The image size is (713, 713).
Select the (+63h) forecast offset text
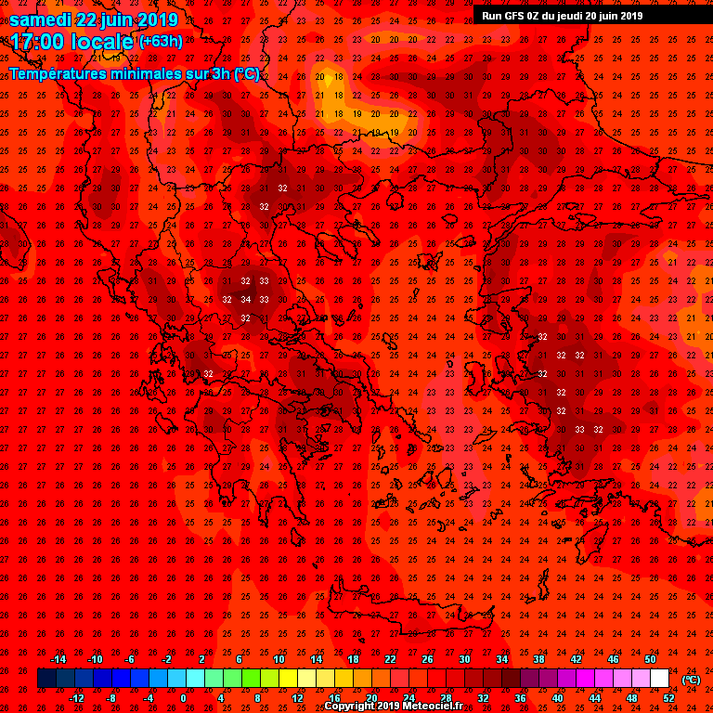click(x=161, y=42)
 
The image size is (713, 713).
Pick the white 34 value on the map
click(x=245, y=299)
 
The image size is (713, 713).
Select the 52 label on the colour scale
click(x=668, y=698)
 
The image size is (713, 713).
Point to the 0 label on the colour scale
click(x=183, y=698)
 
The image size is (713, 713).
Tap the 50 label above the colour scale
click(x=650, y=659)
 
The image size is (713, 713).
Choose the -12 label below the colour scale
click(x=76, y=698)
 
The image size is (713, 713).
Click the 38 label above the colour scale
click(x=538, y=659)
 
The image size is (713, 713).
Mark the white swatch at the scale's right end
click(x=660, y=679)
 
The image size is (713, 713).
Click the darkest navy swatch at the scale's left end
click(x=46, y=679)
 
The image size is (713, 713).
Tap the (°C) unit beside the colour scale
click(x=691, y=679)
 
